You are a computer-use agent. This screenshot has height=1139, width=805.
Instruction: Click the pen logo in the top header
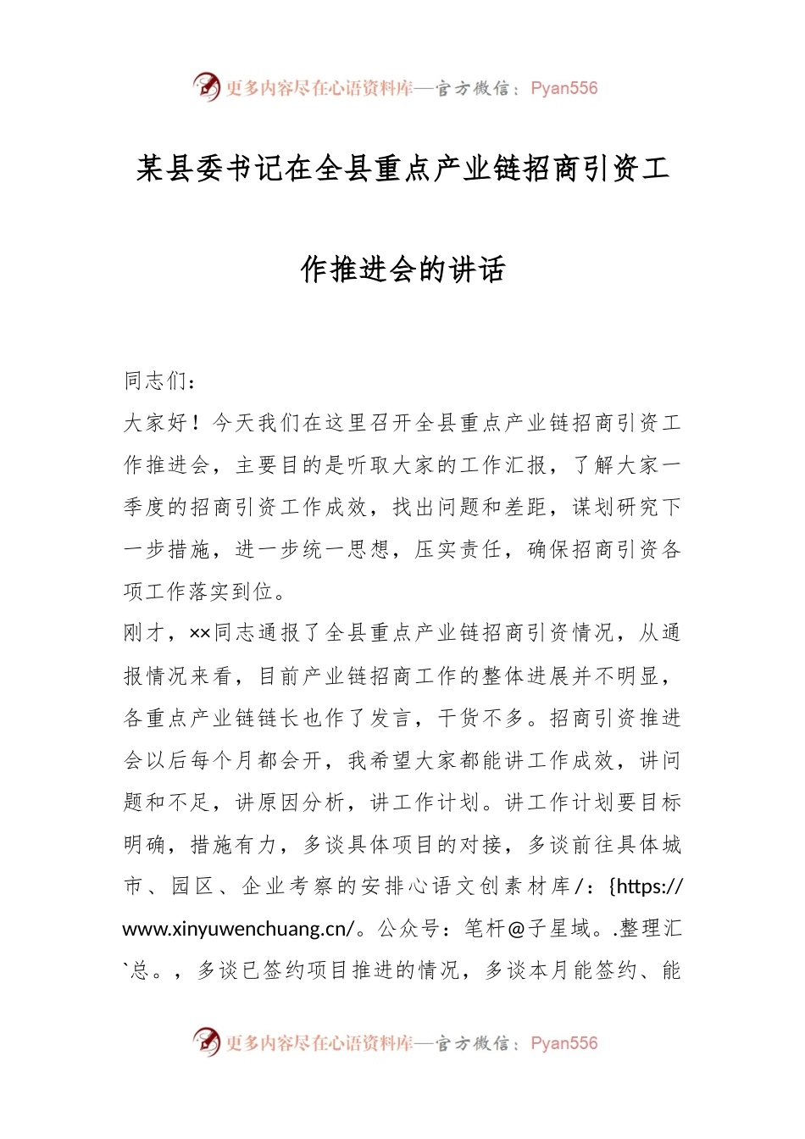tap(206, 86)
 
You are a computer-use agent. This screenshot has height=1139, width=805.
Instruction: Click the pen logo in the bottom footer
tap(206, 1042)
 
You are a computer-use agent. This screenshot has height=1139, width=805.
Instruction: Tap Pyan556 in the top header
tap(563, 88)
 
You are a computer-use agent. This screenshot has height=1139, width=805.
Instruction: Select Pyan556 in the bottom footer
tap(563, 1043)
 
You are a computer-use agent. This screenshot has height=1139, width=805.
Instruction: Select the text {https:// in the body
tap(646, 886)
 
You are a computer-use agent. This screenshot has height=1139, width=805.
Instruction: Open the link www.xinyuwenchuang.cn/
tap(238, 929)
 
